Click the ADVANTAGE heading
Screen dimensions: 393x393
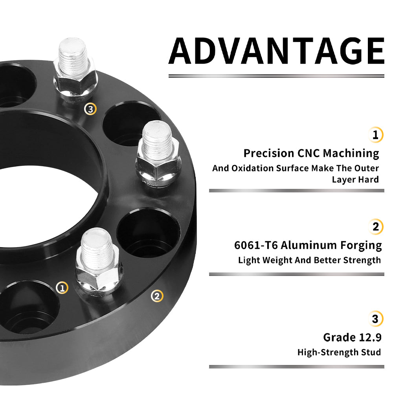[x=276, y=51]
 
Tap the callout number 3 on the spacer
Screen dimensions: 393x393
[x=90, y=109]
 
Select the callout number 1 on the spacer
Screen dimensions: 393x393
[x=62, y=288]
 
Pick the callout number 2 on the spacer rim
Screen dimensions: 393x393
[x=157, y=296]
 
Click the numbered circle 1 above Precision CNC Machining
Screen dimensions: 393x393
[x=375, y=135]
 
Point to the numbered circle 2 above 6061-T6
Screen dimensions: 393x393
[x=375, y=227]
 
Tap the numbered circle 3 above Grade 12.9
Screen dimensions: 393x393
[x=375, y=319]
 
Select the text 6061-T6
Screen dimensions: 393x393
[x=256, y=245]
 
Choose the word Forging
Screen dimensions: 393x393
[x=361, y=246]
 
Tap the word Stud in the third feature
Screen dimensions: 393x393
[x=371, y=352]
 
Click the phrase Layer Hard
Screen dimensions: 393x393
[x=355, y=180]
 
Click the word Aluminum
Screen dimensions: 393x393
[x=309, y=245]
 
